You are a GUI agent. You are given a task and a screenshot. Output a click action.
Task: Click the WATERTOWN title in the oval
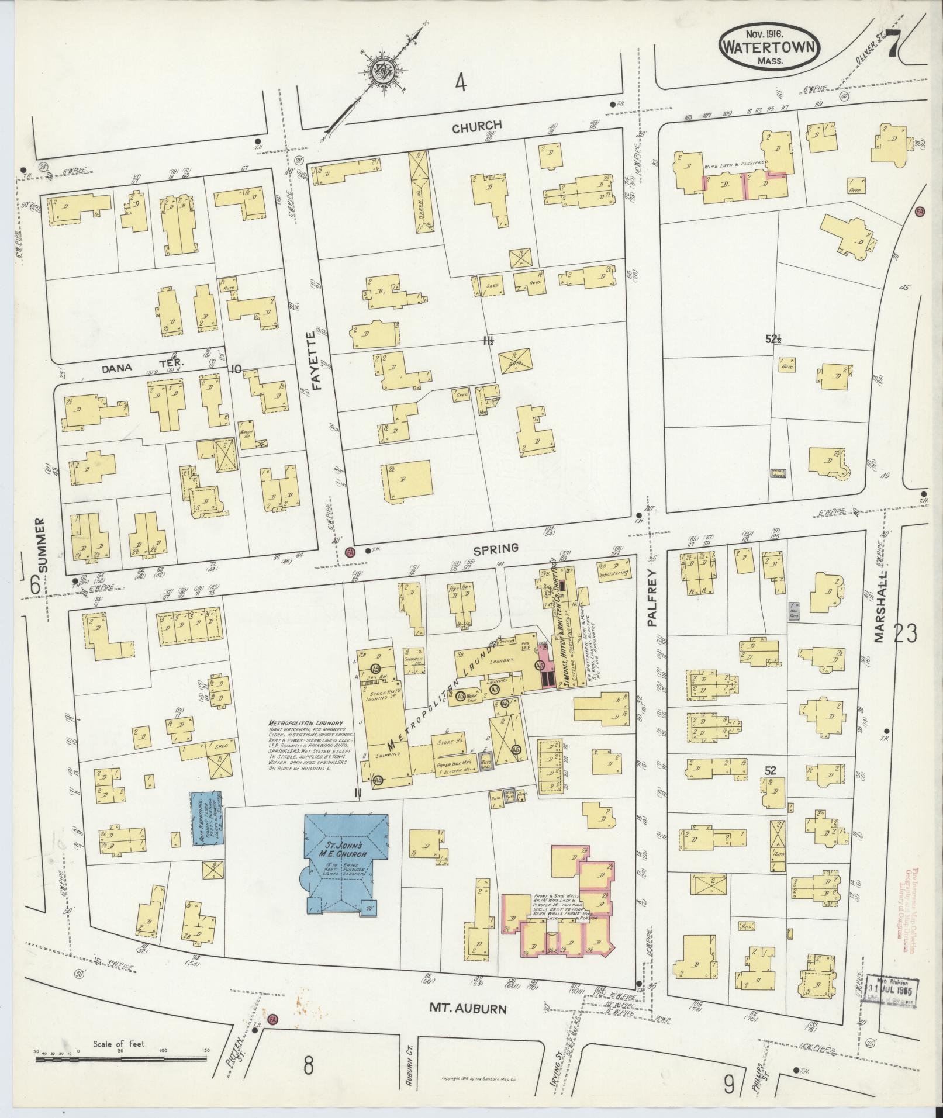click(768, 47)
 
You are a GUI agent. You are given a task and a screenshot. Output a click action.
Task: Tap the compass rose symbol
click(384, 71)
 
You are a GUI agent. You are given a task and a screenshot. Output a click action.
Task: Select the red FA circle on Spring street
click(350, 551)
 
